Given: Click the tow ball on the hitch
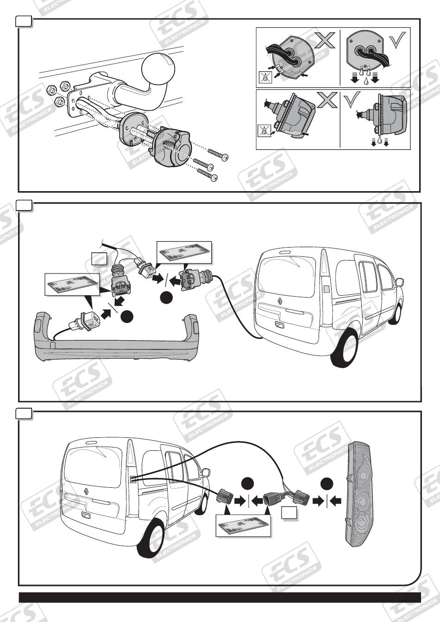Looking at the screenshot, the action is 158,68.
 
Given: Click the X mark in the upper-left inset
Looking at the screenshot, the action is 325,40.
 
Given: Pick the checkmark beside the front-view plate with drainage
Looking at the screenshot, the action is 397,39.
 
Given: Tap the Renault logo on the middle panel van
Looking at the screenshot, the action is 280,300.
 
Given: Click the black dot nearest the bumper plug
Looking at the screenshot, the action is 127,317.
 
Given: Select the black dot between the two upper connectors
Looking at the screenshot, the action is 166,298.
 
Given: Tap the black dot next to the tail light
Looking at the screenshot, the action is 327,482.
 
